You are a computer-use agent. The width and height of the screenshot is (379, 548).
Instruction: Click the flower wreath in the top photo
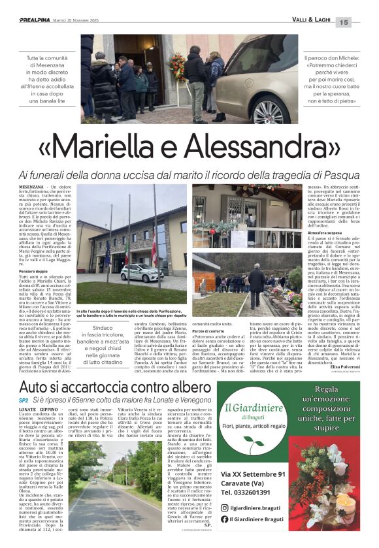pyautogui.click(x=178, y=65)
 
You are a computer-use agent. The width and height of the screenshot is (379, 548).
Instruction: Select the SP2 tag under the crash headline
pyautogui.click(x=24, y=400)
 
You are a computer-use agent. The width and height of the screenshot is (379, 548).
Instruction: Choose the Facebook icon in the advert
pyautogui.click(x=225, y=519)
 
